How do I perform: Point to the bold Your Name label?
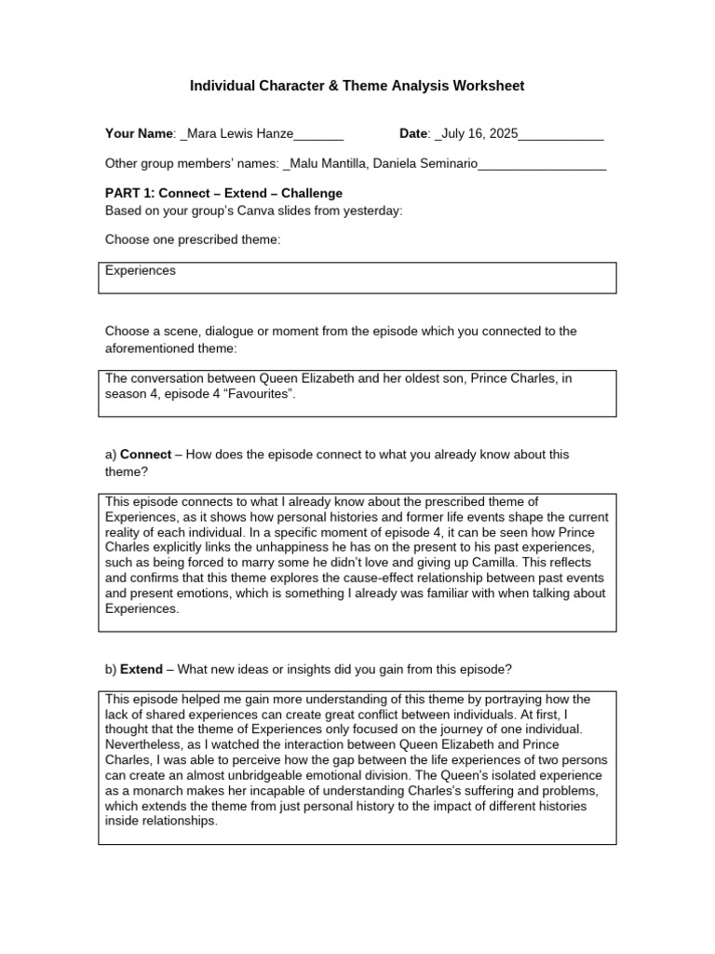coord(140,134)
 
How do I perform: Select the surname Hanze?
coord(273,134)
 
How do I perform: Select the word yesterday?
coord(375,211)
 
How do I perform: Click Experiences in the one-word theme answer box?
coord(141,271)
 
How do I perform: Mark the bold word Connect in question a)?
coord(146,455)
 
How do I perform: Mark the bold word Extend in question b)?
coord(142,670)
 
